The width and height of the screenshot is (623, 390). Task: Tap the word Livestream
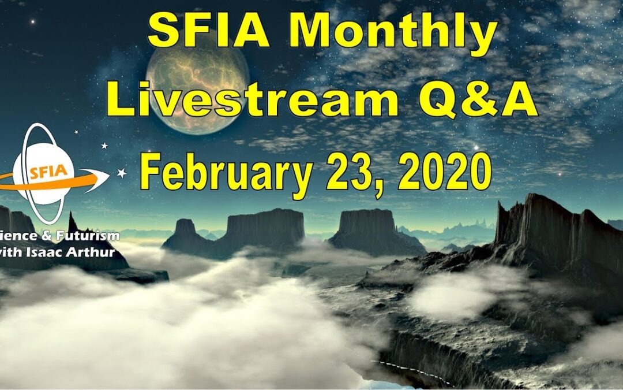click(x=252, y=102)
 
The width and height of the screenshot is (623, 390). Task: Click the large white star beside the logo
click(x=122, y=172)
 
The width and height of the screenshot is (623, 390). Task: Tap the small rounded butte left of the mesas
click(x=185, y=228)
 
